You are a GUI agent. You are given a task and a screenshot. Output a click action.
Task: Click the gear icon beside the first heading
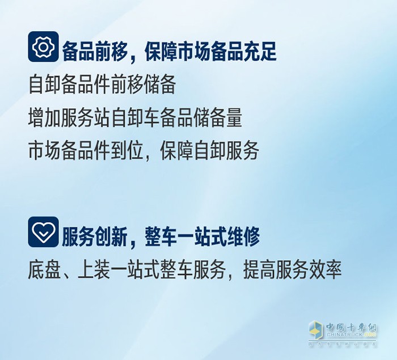(x=43, y=47)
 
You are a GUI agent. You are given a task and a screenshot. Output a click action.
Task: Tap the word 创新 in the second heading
(x=109, y=237)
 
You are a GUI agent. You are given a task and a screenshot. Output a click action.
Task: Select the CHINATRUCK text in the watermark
(x=343, y=336)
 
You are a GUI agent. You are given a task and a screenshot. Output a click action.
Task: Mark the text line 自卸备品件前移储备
(x=102, y=86)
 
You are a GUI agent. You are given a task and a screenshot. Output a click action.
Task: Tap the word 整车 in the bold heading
(x=159, y=237)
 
